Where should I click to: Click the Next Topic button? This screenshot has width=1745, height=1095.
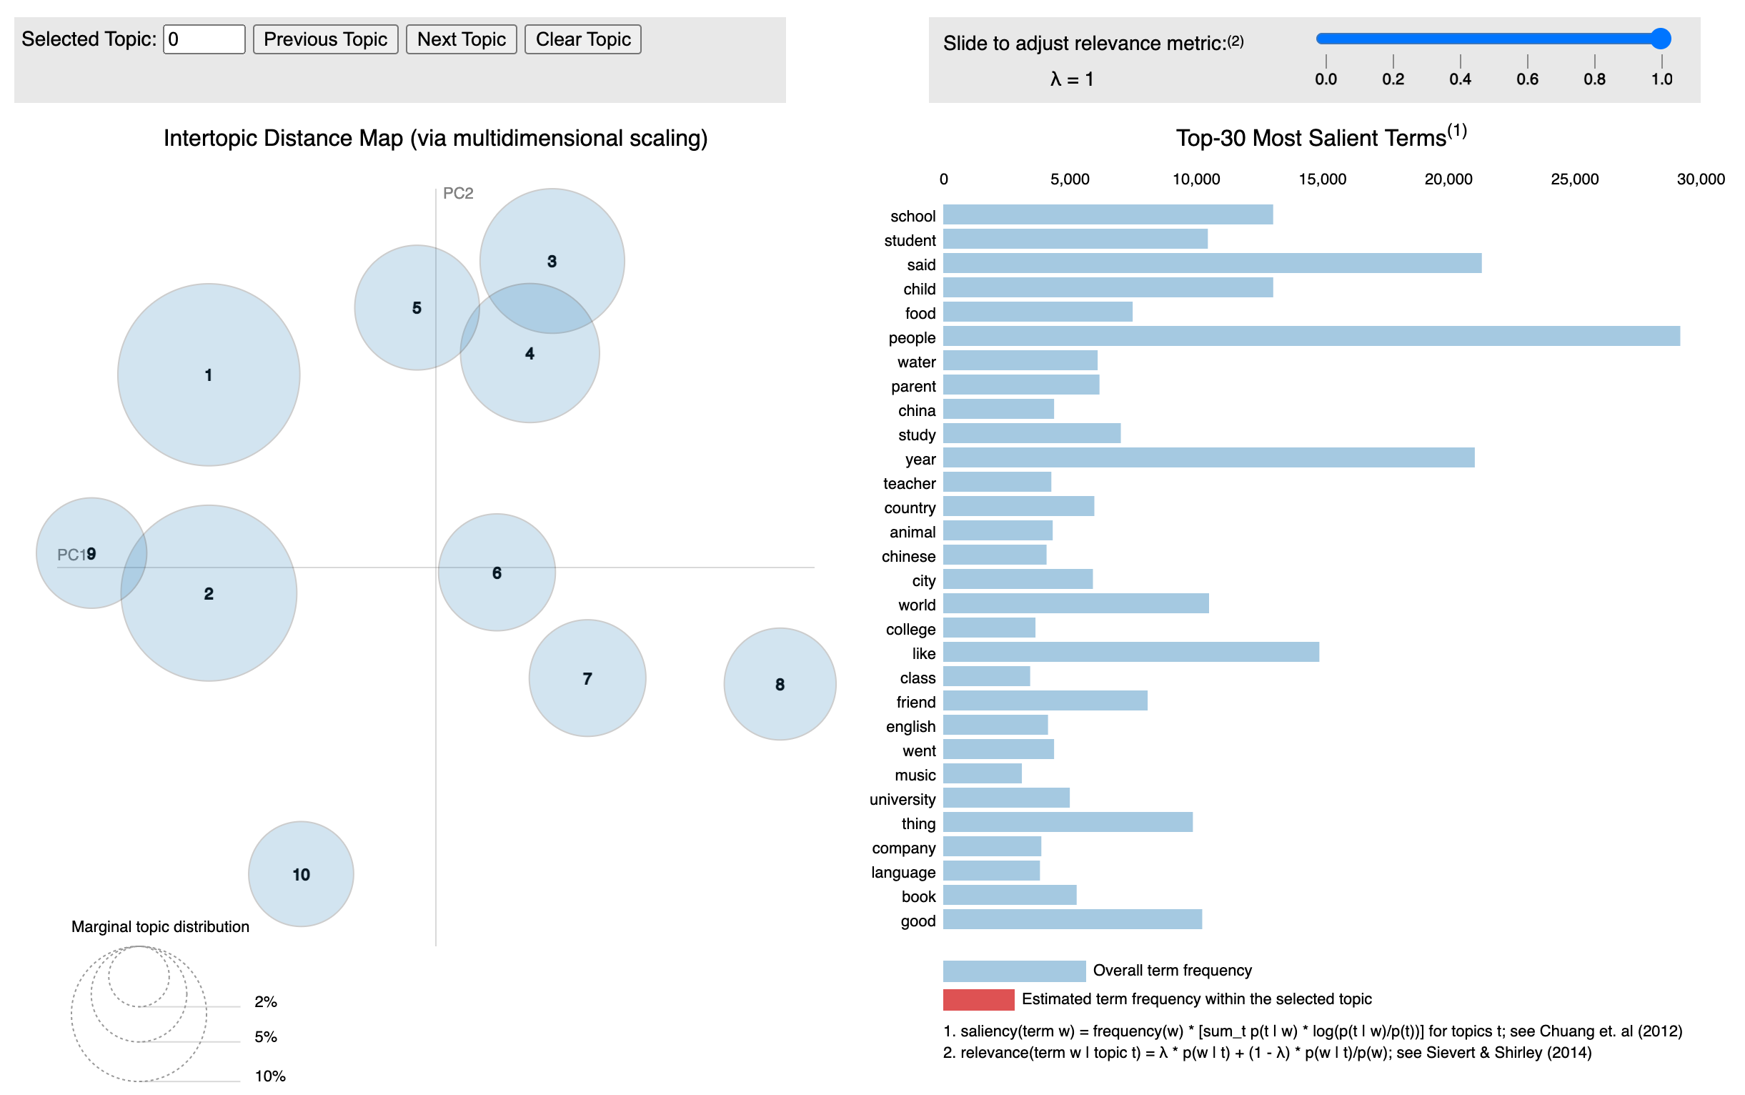[460, 39]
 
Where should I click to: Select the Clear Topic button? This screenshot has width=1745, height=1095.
[582, 39]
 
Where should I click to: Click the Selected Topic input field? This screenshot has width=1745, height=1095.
[204, 39]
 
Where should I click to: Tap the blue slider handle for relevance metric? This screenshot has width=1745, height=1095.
[1660, 39]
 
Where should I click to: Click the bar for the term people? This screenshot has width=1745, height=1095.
[1311, 336]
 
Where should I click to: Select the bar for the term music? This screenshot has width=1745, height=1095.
[982, 773]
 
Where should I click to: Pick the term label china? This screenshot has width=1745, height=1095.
[916, 410]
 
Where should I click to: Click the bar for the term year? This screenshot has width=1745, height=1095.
[1208, 457]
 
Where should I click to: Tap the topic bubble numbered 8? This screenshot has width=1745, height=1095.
[779, 683]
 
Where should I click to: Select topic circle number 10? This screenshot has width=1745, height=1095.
[301, 873]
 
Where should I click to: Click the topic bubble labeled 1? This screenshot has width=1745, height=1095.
[209, 375]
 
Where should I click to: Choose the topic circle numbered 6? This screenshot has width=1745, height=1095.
[496, 572]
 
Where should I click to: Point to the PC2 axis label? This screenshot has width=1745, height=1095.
[457, 194]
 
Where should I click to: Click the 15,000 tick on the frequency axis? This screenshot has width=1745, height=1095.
[1321, 179]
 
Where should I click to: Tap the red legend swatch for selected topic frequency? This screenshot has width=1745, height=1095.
[978, 999]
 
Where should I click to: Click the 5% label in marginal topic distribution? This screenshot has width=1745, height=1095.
[266, 1036]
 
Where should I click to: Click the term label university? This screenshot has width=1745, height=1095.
[902, 799]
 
